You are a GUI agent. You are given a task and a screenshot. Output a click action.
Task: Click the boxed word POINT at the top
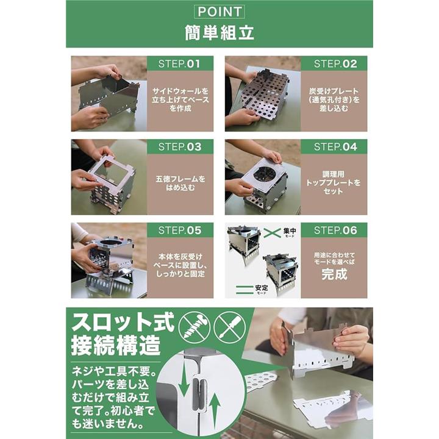pyautogui.click(x=220, y=12)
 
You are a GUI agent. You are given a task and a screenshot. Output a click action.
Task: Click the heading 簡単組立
pyautogui.click(x=220, y=33)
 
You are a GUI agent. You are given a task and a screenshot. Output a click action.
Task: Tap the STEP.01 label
pyautogui.click(x=179, y=64)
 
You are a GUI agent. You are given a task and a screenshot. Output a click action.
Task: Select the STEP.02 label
pyautogui.click(x=335, y=64)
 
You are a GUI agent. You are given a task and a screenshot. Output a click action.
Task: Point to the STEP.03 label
pyautogui.click(x=180, y=147)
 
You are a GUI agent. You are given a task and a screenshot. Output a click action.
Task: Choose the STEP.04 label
pyautogui.click(x=335, y=147)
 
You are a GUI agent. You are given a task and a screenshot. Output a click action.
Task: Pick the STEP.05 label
pyautogui.click(x=180, y=230)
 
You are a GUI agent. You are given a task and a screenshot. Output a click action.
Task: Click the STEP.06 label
pyautogui.click(x=335, y=230)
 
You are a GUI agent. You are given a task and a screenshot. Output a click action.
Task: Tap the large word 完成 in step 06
pyautogui.click(x=334, y=274)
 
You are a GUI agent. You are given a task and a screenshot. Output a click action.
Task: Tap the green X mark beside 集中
pyautogui.click(x=272, y=233)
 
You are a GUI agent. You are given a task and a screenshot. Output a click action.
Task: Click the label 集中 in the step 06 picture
pyautogui.click(x=290, y=231)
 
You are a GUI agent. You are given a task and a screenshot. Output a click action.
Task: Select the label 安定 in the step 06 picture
pyautogui.click(x=262, y=288)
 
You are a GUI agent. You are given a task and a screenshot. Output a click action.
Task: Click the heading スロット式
pyautogui.click(x=123, y=323)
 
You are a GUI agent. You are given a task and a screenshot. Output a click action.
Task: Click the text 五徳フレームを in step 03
pyautogui.click(x=180, y=179)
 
